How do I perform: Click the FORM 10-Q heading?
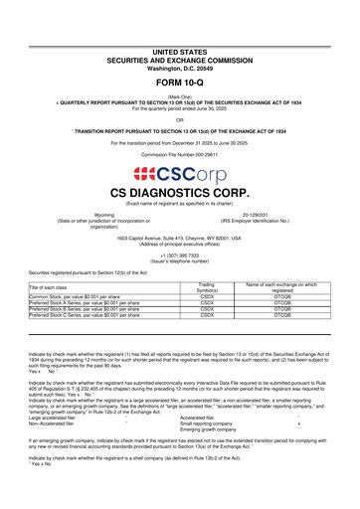pos(179,84)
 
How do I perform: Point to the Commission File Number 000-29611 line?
pos(179,156)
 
